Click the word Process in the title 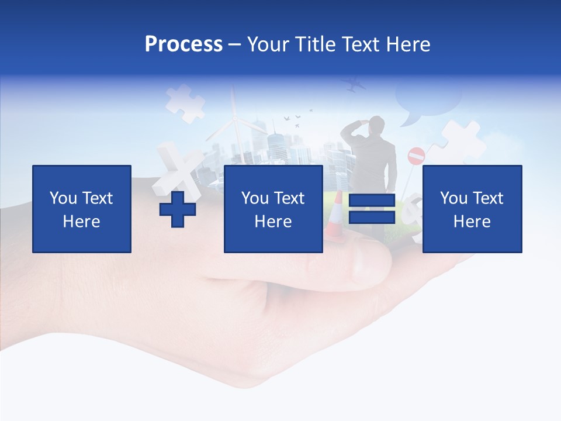[x=183, y=44]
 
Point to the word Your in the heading [x=267, y=44]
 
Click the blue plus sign [x=178, y=209]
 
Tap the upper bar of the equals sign [x=372, y=201]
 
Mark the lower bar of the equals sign [x=372, y=217]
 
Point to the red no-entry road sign [x=416, y=156]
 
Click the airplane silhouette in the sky [x=354, y=85]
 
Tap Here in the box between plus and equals [x=273, y=222]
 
